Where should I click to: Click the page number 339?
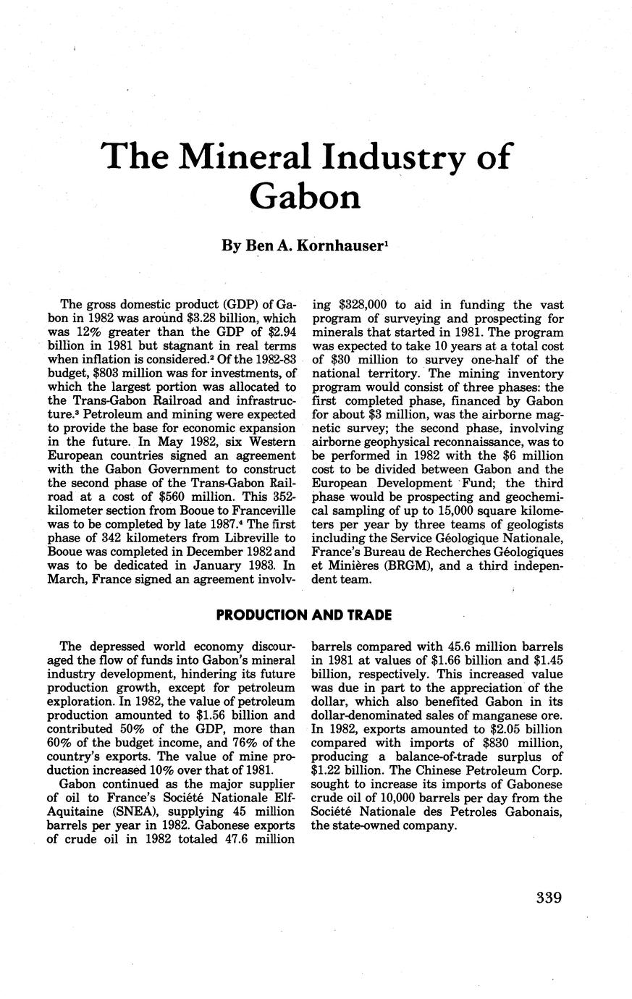[x=549, y=898]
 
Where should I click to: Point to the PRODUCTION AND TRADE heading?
[x=305, y=615]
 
